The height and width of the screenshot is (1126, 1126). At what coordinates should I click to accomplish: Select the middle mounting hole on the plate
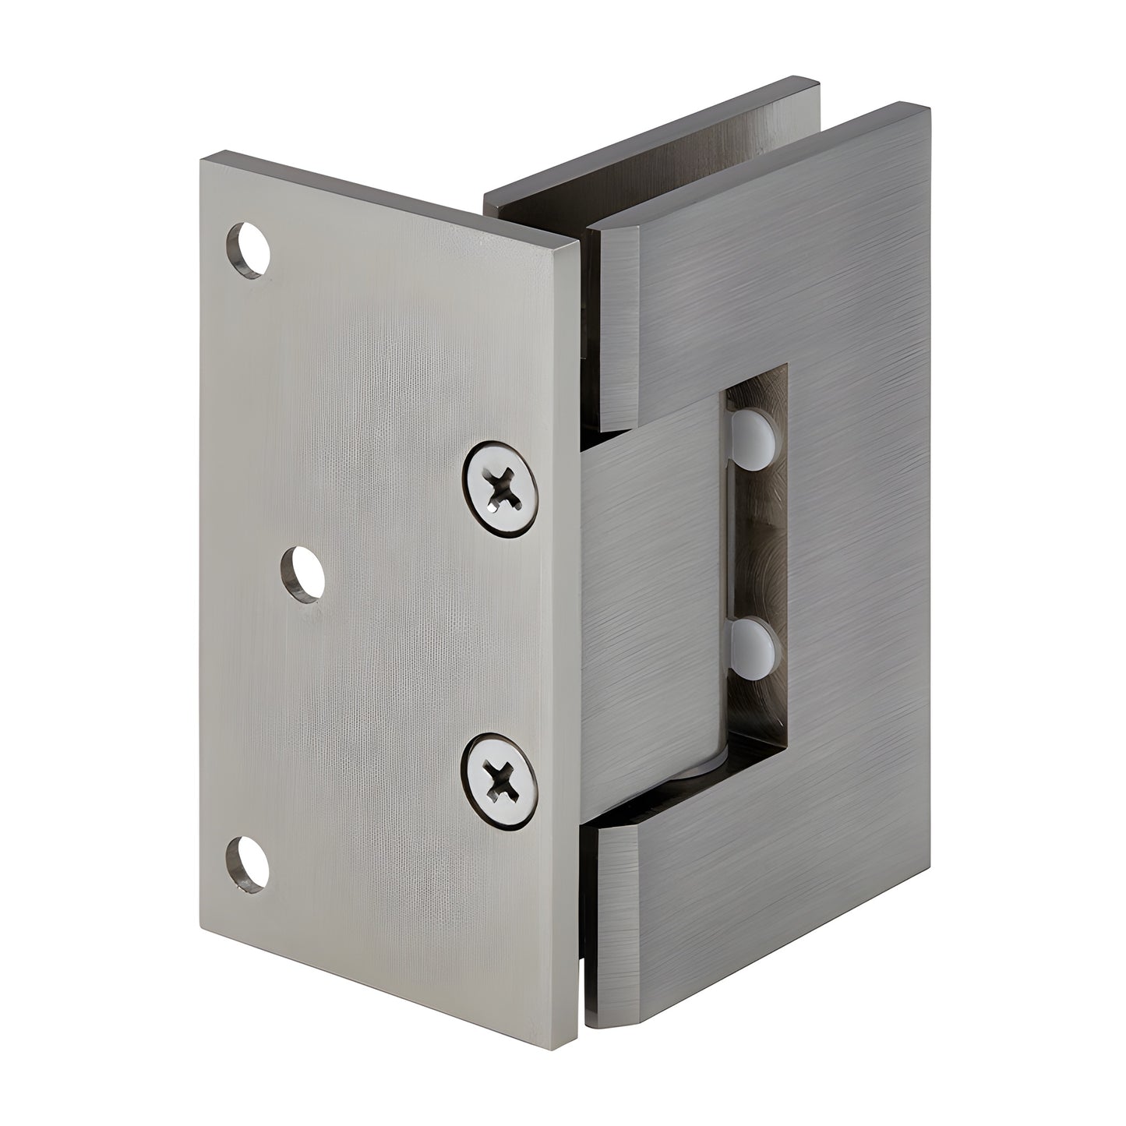click(x=303, y=574)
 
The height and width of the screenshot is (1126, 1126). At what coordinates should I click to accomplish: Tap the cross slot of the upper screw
click(x=503, y=489)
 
